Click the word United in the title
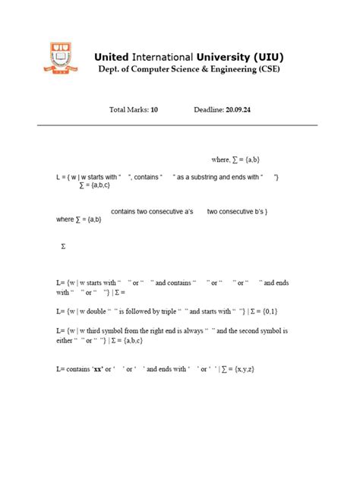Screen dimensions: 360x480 tap(112, 57)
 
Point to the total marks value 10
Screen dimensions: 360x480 tap(154, 110)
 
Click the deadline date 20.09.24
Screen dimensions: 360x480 tap(238, 110)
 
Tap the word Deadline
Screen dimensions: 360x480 tap(208, 110)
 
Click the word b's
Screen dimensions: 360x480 tap(259, 211)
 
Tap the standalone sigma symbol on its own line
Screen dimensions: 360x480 tap(63, 247)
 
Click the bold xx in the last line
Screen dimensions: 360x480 tap(97, 368)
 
